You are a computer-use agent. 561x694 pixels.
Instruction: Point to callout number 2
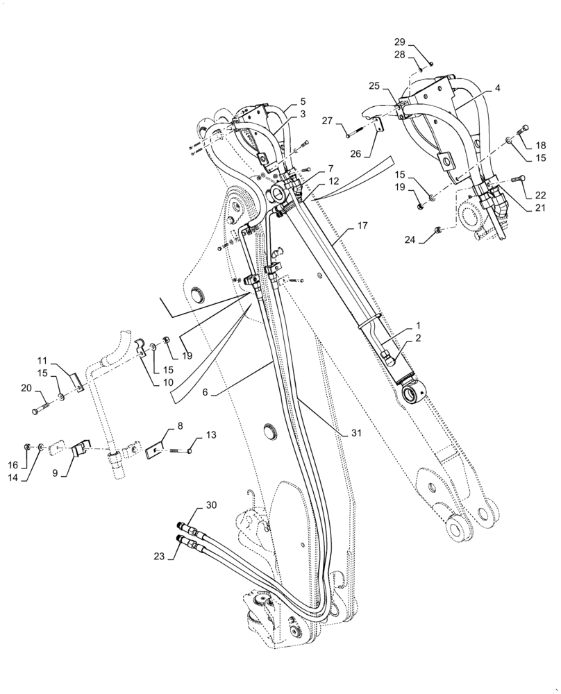coord(418,337)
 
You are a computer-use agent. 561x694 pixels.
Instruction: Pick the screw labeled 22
coord(517,179)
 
